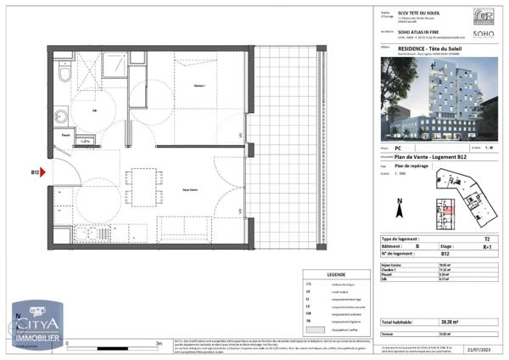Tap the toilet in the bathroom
(64, 76)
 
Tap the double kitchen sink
(87, 233)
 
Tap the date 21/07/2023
(479, 350)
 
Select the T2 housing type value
(486, 240)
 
